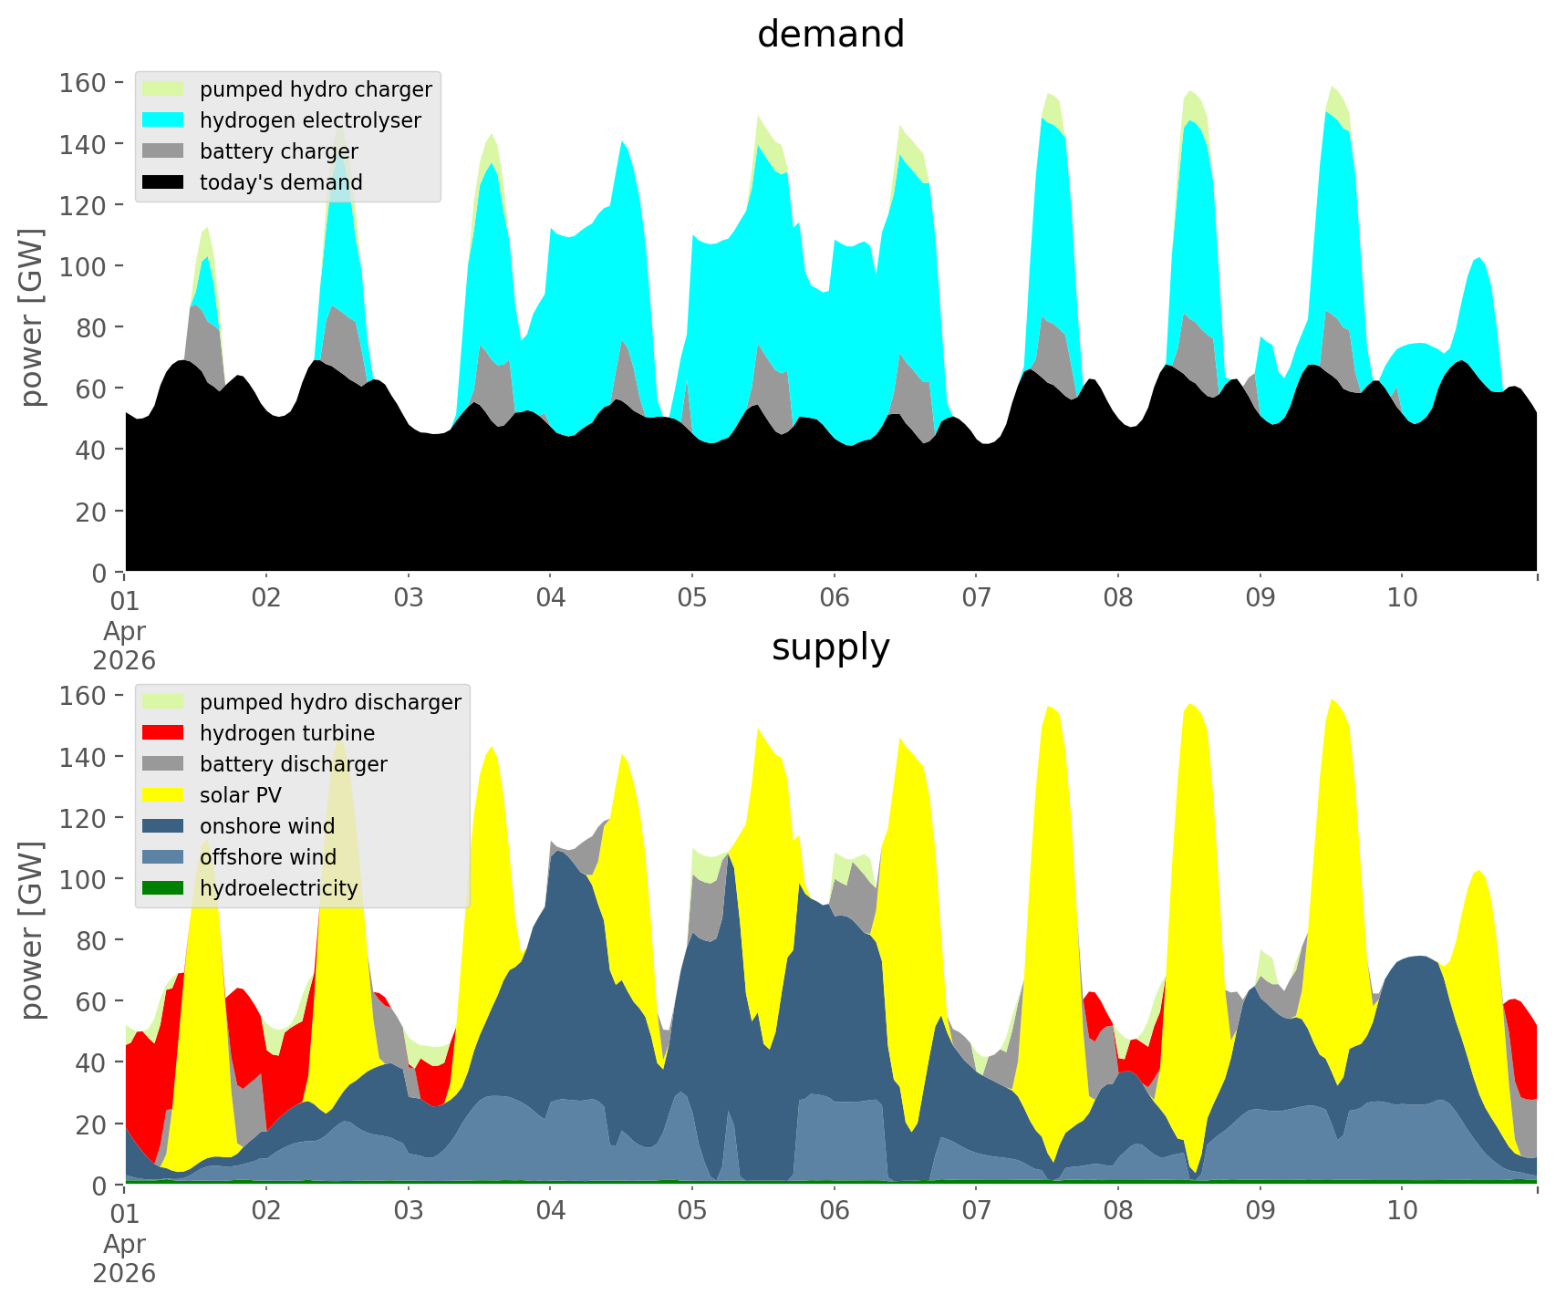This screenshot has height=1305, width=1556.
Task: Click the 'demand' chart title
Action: (x=830, y=35)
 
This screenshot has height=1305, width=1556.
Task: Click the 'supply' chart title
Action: (x=830, y=647)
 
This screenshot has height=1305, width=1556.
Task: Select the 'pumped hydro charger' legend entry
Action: (x=315, y=89)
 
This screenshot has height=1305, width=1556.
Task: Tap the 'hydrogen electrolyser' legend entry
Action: (x=309, y=120)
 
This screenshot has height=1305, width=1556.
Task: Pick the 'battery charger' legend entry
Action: (x=278, y=151)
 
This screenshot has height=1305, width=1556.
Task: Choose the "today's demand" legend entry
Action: (x=280, y=182)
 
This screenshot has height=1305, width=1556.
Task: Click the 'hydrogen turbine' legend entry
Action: (x=286, y=733)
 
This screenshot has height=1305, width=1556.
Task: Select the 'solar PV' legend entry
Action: (x=240, y=795)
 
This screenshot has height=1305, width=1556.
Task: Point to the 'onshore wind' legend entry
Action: (x=266, y=826)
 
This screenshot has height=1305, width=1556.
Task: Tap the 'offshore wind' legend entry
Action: (x=267, y=857)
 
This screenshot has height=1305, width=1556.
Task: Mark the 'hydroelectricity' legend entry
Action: (x=278, y=888)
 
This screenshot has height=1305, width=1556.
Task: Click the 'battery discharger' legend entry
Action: (x=293, y=764)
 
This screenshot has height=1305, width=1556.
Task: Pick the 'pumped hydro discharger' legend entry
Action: (x=329, y=702)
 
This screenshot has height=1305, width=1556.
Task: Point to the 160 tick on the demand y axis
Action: (x=83, y=83)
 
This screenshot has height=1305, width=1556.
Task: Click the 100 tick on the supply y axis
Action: (x=83, y=879)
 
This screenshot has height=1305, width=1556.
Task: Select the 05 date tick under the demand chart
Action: (x=692, y=598)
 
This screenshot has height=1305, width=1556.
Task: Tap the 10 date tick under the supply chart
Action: (x=1402, y=1211)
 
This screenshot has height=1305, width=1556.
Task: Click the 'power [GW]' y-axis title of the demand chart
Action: (x=32, y=317)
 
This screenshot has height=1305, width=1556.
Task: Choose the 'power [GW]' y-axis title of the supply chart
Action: (x=32, y=930)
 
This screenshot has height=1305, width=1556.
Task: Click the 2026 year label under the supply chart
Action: (x=124, y=1273)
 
